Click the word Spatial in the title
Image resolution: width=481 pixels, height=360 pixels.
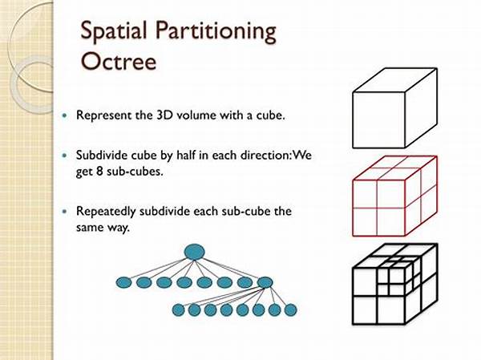pyautogui.click(x=114, y=32)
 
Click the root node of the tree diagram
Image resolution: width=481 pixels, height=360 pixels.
pyautogui.click(x=195, y=252)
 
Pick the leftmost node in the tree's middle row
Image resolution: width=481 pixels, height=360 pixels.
pyautogui.click(x=124, y=282)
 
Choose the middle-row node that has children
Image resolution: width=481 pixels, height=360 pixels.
pyautogui.click(x=265, y=282)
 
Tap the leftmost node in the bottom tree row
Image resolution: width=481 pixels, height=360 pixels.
pyautogui.click(x=179, y=310)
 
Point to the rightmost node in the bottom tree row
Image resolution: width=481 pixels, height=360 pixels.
pyautogui.click(x=290, y=310)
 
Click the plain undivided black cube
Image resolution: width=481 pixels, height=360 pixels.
pyautogui.click(x=394, y=108)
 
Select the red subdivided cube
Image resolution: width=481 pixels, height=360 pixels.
pyautogui.click(x=394, y=196)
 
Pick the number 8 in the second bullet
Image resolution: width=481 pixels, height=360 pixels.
pyautogui.click(x=99, y=172)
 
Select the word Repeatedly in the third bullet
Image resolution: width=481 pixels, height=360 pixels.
pyautogui.click(x=106, y=212)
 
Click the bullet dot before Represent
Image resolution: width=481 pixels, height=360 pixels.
pyautogui.click(x=64, y=115)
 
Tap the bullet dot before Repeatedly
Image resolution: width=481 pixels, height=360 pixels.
pyautogui.click(x=64, y=212)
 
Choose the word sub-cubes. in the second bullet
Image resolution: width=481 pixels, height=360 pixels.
pyautogui.click(x=135, y=172)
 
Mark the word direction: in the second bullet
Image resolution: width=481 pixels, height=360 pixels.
pyautogui.click(x=265, y=156)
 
